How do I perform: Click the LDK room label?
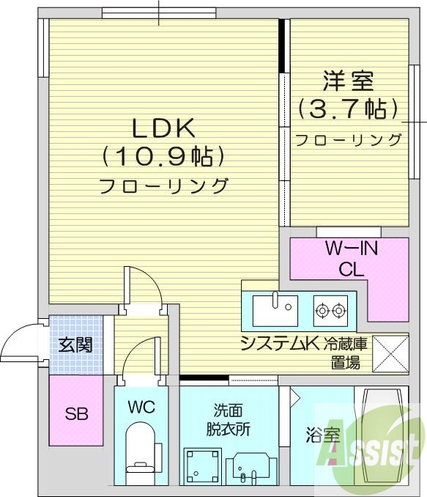[163, 128]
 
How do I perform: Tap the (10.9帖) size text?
[163, 156]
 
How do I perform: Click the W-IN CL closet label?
[351, 259]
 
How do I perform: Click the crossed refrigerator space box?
[391, 353]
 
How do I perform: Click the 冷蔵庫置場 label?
[348, 353]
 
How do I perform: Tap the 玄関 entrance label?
[75, 345]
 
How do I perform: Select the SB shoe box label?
[75, 413]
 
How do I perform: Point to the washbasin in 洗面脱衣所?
[250, 466]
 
